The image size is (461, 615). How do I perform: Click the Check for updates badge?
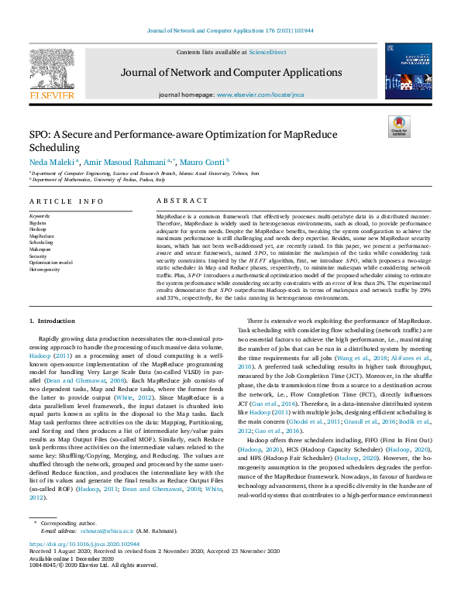click(398, 126)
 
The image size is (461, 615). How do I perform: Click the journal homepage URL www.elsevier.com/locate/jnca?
click(260, 94)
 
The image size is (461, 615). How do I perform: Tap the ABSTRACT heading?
click(177, 201)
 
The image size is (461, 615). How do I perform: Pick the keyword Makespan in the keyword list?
click(40, 250)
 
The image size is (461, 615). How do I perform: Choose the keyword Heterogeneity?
click(44, 270)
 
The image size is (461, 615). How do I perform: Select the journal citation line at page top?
click(229, 31)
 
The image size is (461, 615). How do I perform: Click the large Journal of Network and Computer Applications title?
click(230, 72)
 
